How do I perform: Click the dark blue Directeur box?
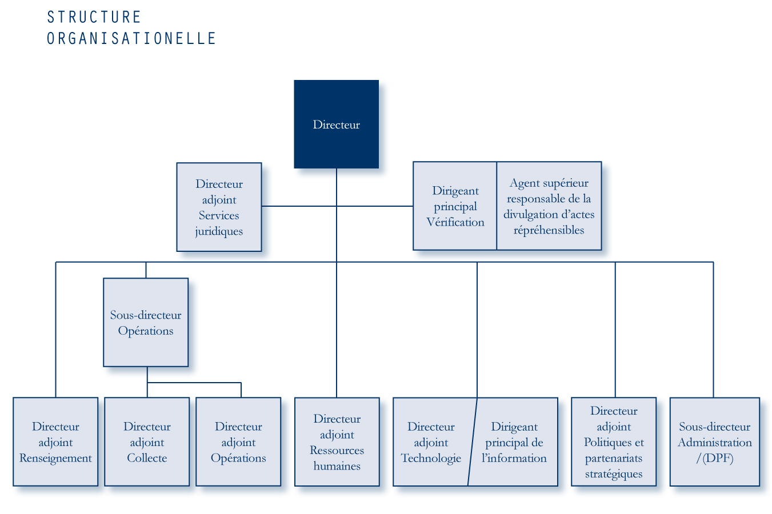(337, 124)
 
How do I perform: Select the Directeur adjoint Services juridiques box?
(219, 207)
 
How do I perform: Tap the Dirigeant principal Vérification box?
(455, 206)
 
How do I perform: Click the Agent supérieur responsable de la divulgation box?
(549, 206)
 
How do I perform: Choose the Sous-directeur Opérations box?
(146, 323)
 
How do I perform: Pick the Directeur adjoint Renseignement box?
(55, 442)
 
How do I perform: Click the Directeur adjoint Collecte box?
(147, 442)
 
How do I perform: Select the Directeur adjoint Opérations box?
(238, 442)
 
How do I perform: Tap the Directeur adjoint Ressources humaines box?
(337, 442)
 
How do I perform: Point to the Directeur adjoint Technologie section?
(433, 442)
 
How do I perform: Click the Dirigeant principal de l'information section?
(514, 442)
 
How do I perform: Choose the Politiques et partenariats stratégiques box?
(614, 442)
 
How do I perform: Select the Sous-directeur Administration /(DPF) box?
(715, 442)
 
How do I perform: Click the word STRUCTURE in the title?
(94, 17)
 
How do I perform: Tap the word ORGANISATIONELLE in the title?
(131, 38)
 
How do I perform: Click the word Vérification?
(455, 222)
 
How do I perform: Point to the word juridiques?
(219, 231)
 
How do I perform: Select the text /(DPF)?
(715, 458)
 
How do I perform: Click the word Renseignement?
(55, 458)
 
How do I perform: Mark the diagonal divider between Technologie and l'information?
(473, 442)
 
